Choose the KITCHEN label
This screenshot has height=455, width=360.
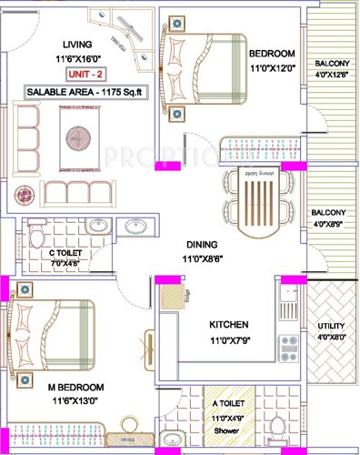(x=231, y=325)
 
